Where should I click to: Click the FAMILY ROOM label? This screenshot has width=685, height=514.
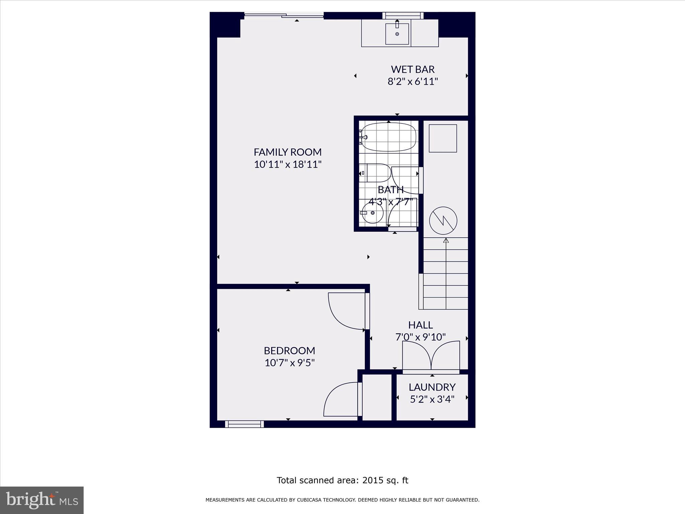point(288,152)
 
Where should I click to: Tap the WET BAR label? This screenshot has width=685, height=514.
point(413,69)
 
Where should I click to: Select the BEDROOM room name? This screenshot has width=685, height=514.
point(290,351)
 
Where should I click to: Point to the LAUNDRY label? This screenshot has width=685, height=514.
point(432,387)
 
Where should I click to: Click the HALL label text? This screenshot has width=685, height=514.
point(420,325)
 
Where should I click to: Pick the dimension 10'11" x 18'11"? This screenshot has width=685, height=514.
point(288,164)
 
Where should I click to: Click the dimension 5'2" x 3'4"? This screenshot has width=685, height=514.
point(432,399)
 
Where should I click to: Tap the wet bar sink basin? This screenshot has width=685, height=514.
point(397,33)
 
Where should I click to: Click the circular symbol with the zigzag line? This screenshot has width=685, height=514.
point(443,221)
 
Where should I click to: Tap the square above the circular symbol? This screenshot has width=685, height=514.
point(443,139)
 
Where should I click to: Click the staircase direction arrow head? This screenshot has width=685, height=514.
point(446,240)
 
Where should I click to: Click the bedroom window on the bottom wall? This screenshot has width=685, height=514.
point(244,424)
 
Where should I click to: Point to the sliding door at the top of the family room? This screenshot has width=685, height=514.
point(284,15)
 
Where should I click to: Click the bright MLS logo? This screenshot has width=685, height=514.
point(42,500)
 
